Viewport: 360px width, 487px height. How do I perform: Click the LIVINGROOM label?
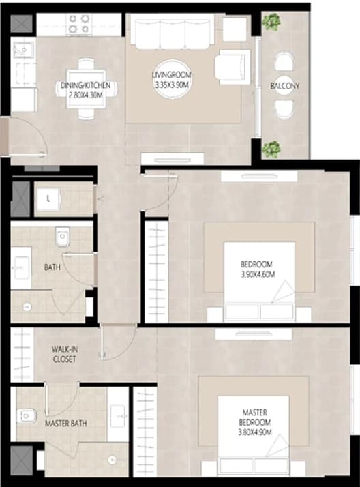point(172,75)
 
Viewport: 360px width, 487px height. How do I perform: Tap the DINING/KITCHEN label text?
point(85,85)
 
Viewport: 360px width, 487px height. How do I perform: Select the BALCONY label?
point(284,86)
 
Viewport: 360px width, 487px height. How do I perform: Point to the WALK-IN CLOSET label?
point(65,354)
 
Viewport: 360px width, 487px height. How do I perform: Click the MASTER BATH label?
point(65,424)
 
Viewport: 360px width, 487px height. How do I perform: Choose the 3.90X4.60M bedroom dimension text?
point(258,274)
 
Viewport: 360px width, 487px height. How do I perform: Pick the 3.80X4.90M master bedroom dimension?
point(255,432)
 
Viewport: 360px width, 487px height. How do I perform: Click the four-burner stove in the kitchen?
point(79,24)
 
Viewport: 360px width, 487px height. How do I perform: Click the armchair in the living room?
point(233,67)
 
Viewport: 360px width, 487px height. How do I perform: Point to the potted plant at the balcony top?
point(272,22)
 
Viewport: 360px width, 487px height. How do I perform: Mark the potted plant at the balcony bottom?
point(272,149)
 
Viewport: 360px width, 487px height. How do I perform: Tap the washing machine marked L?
point(48,199)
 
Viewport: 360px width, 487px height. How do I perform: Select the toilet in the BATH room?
point(63,237)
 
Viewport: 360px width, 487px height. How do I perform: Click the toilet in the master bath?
point(27,416)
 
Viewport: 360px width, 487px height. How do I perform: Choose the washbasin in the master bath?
point(119,415)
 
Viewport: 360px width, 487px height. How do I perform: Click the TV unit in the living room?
point(172,159)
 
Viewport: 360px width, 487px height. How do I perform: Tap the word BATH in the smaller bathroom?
point(52,267)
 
